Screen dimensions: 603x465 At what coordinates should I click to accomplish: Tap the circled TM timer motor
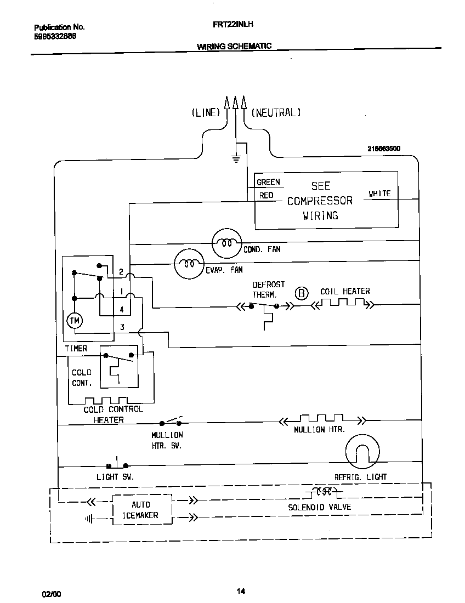point(74,320)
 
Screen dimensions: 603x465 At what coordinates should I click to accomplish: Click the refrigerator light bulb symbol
point(362,451)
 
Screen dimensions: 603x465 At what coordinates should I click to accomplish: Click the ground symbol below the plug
point(236,159)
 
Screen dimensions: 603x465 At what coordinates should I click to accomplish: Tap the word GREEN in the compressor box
point(268,182)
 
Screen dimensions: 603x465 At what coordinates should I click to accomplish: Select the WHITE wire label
point(379,194)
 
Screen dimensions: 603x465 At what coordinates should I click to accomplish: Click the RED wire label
point(266,195)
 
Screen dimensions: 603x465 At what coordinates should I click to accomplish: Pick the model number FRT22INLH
point(232,25)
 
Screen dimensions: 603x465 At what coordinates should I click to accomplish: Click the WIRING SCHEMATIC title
point(234,47)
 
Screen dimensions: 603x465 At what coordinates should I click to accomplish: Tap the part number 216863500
point(384,149)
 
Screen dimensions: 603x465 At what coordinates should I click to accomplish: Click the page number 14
point(241,591)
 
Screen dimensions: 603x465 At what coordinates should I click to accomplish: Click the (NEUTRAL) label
point(276,113)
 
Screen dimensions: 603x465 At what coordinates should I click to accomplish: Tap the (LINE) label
point(206,113)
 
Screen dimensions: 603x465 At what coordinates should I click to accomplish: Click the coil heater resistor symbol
point(342,304)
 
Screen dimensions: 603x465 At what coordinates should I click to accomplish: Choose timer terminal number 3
point(122,327)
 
